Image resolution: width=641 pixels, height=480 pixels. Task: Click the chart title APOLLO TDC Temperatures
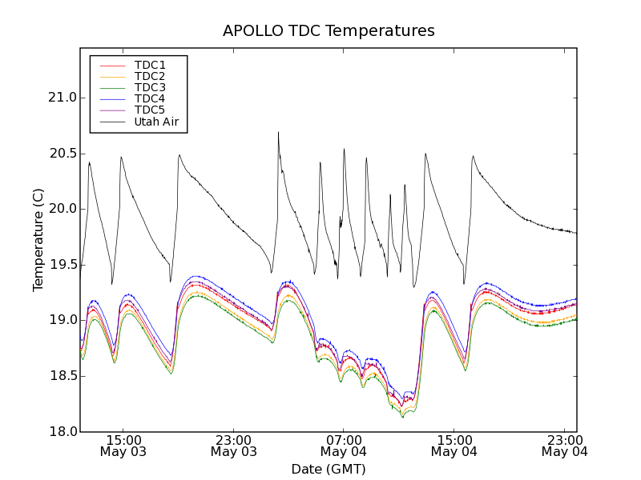pos(329,31)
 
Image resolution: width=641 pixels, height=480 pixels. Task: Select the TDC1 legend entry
pos(150,65)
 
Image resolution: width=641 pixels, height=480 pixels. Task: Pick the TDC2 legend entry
pos(150,76)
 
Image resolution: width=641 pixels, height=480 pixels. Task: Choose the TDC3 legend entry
pos(150,87)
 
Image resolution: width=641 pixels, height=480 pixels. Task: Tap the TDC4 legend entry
pos(150,98)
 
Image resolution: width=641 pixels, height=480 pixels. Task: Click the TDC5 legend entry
pos(150,110)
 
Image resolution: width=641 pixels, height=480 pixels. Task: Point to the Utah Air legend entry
pos(155,122)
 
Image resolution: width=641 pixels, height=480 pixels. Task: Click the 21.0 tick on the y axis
pos(62,98)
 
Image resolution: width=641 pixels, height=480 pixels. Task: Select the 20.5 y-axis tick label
pos(62,154)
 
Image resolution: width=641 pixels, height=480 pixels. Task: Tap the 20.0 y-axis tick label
pos(62,209)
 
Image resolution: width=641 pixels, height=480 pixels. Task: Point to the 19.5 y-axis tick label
pos(62,265)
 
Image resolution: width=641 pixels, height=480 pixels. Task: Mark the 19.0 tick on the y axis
pos(62,320)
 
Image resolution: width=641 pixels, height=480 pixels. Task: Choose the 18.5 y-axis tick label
pos(62,376)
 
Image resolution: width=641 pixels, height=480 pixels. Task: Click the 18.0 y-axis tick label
pos(62,431)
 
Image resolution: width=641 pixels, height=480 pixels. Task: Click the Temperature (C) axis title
pos(38,240)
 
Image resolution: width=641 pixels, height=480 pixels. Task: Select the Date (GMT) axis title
pos(329,469)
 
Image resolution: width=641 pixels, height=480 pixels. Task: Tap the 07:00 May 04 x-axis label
pos(344,446)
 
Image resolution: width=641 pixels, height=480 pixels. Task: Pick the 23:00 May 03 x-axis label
pos(234,446)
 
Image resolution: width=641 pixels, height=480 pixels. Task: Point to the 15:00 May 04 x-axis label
pos(454,446)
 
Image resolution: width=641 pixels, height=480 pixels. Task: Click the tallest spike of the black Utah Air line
pos(278,134)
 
